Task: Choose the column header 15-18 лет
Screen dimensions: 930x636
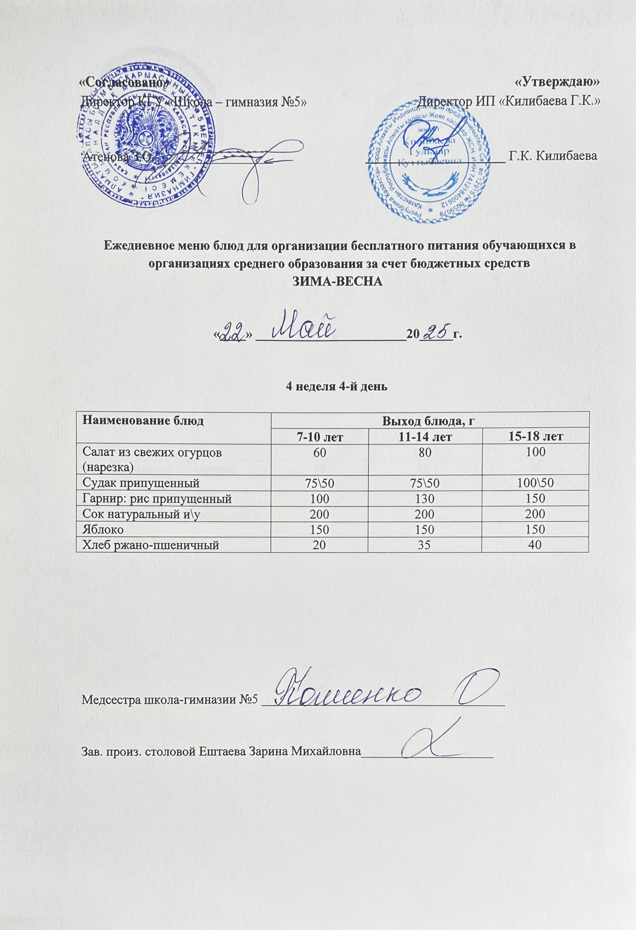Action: pyautogui.click(x=536, y=437)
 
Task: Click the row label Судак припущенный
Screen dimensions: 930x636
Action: pyautogui.click(x=140, y=483)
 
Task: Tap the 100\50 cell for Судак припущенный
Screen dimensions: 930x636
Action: pyautogui.click(x=536, y=483)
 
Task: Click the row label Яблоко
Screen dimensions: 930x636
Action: pyautogui.click(x=102, y=529)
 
